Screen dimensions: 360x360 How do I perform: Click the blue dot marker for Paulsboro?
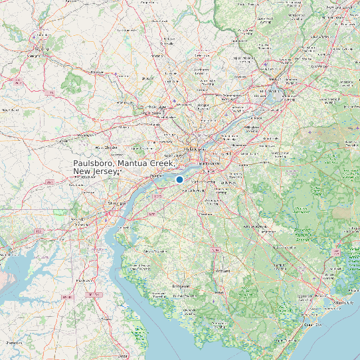pyautogui.click(x=179, y=179)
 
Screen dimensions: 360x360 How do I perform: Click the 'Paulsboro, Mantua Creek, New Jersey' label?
pyautogui.click(x=124, y=167)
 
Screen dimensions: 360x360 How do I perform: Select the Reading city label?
pyautogui.click(x=42, y=48)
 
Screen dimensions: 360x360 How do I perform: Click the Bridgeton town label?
pyautogui.click(x=181, y=286)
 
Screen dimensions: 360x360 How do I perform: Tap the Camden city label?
pyautogui.click(x=209, y=163)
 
